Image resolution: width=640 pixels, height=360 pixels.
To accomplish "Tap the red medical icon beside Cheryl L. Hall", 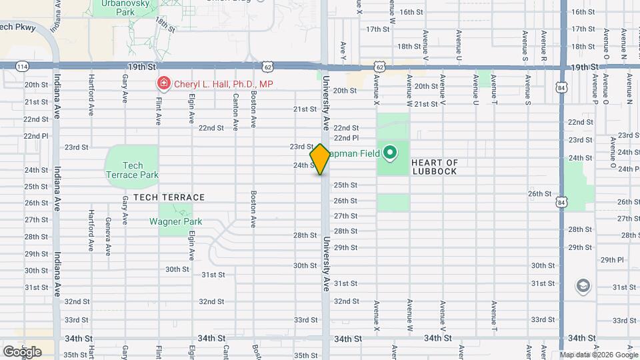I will click(x=163, y=84).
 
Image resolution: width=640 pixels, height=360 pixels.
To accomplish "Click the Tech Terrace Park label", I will click(x=133, y=170).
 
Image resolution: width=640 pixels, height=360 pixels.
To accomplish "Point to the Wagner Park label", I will click(x=176, y=221).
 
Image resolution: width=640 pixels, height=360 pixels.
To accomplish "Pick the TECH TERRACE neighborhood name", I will click(x=169, y=197).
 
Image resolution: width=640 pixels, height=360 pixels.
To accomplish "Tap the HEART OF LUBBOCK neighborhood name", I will click(x=434, y=167).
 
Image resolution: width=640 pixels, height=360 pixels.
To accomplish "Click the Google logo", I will click(x=22, y=351).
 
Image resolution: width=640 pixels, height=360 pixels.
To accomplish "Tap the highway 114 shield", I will click(x=23, y=67).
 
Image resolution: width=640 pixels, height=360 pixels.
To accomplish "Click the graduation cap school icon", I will click(x=583, y=286).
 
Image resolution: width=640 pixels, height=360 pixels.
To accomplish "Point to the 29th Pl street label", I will click(x=611, y=260).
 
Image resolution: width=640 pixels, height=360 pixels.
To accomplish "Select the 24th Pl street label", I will click(x=628, y=169).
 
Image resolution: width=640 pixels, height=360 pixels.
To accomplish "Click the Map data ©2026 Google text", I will click(x=599, y=355).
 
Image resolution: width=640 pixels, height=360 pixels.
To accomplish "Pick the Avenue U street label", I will click(x=476, y=89).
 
